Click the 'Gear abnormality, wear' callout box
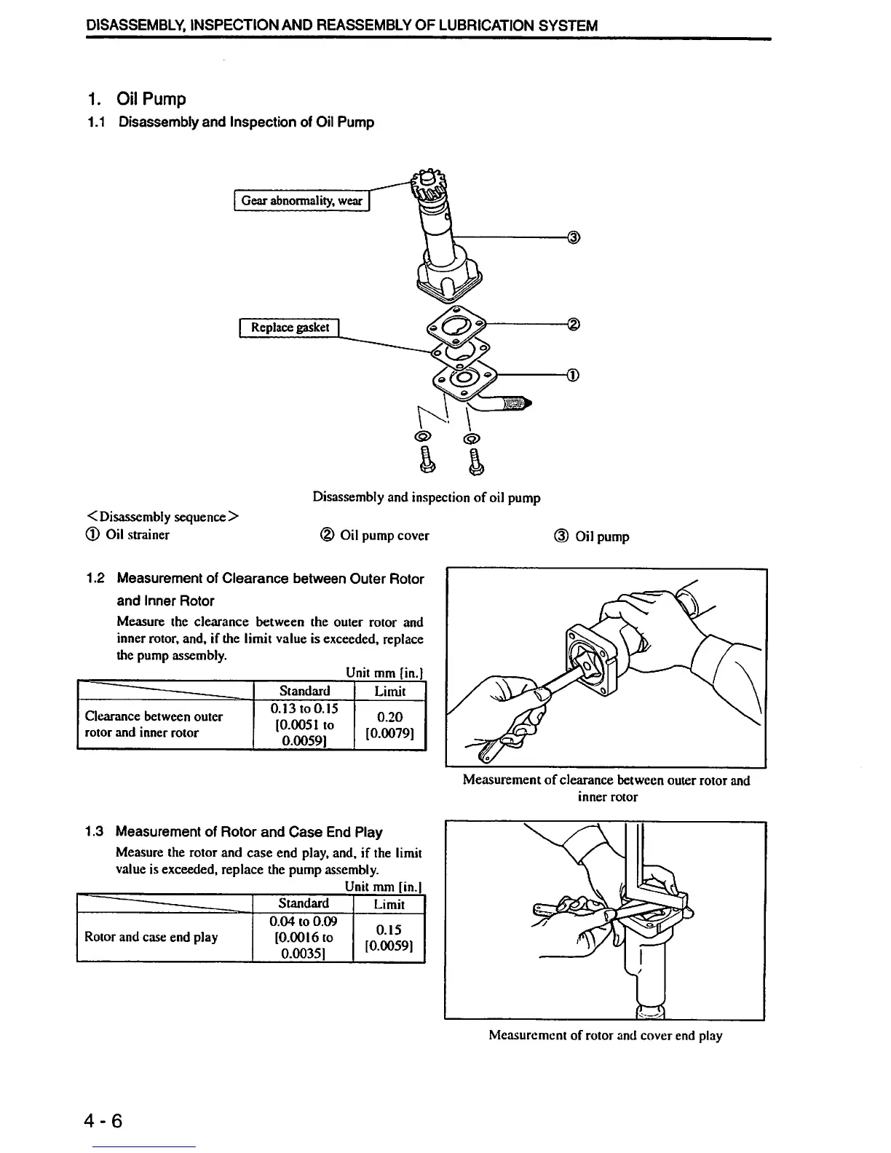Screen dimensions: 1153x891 pos(301,200)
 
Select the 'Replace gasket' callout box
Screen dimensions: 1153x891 pos(290,328)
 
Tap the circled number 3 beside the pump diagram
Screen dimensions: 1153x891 pos(574,237)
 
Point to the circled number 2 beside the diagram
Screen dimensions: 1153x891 pos(574,324)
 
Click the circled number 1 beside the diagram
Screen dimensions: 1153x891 pos(574,376)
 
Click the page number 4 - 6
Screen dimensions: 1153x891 pos(103,1120)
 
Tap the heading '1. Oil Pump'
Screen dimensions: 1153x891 pos(136,99)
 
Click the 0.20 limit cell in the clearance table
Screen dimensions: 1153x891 pos(389,724)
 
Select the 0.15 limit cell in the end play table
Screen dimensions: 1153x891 pos(389,938)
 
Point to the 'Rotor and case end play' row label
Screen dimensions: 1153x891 pos(151,937)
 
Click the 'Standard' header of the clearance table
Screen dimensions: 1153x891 pos(304,691)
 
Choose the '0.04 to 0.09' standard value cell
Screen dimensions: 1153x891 pos(303,922)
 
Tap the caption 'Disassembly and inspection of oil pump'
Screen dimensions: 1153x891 pos(427,498)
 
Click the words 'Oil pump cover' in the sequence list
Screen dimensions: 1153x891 pos(384,536)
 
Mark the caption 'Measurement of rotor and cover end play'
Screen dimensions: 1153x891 pos(605,1035)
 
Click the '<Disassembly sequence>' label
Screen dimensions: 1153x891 pos(162,517)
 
